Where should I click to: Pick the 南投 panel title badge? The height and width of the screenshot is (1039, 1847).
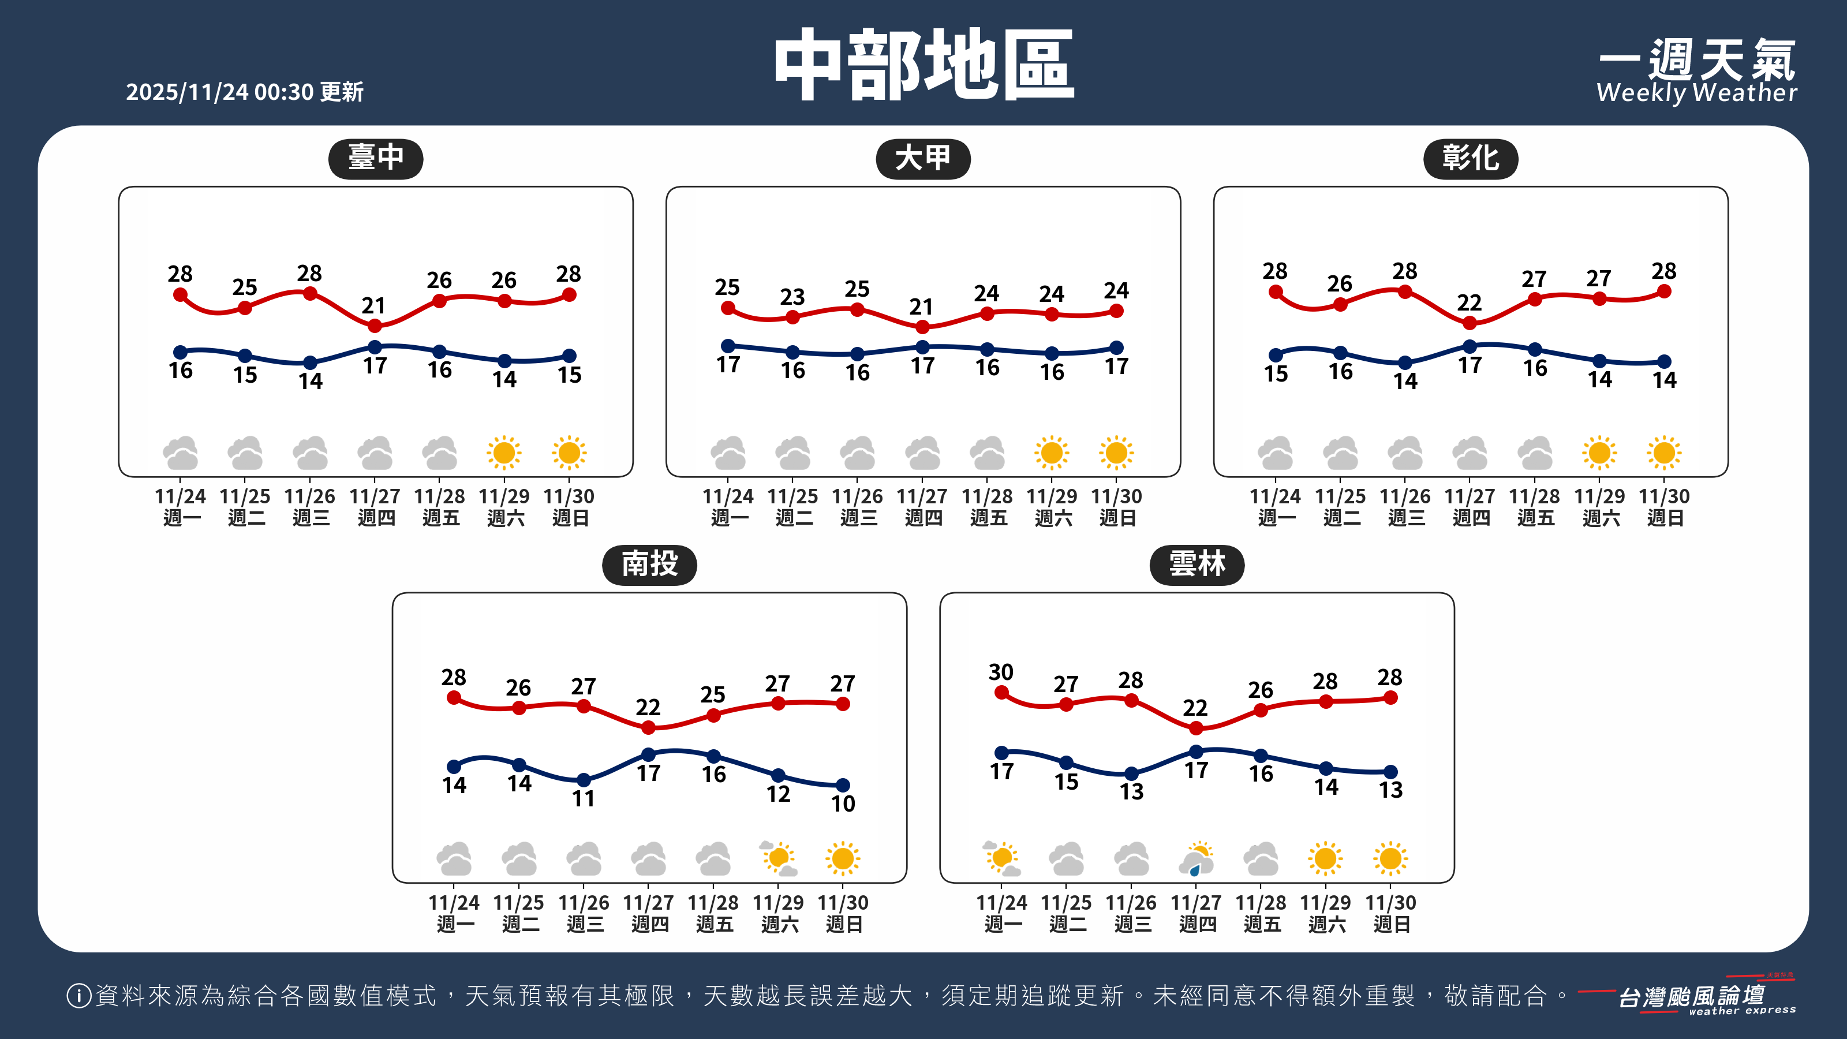[649, 565]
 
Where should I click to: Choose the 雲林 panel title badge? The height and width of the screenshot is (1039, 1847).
[1197, 565]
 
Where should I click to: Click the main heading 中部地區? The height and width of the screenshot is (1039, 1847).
[923, 65]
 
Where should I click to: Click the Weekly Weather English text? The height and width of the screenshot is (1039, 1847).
[1696, 93]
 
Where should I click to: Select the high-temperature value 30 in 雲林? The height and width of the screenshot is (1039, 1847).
[1001, 672]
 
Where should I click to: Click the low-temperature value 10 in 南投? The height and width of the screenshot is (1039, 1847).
[843, 804]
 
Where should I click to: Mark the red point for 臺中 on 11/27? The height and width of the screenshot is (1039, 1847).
[375, 326]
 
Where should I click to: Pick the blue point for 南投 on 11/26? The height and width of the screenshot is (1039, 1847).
[584, 779]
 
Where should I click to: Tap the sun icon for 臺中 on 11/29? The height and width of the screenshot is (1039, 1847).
[504, 453]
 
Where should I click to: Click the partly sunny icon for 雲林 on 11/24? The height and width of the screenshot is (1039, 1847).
[1001, 858]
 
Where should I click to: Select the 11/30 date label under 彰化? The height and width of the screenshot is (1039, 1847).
[1664, 496]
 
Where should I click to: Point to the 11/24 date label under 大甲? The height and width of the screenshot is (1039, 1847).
[728, 496]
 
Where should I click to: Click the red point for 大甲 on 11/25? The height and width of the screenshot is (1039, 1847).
[792, 317]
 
